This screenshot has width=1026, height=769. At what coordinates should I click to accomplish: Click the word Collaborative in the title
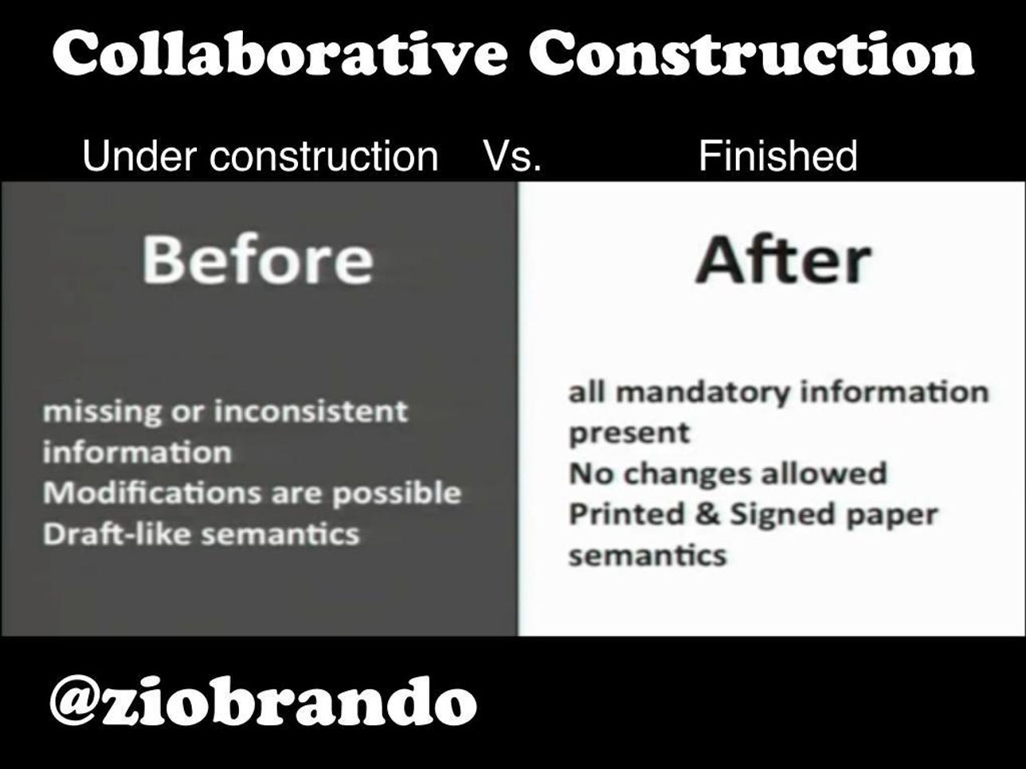279,53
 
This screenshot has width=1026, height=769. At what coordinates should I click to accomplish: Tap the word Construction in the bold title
751,53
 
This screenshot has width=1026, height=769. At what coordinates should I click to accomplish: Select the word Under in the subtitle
139,155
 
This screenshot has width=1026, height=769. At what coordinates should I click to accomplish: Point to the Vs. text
513,156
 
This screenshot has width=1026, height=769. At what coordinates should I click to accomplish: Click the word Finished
777,155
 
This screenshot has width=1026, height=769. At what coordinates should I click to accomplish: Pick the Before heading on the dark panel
257,260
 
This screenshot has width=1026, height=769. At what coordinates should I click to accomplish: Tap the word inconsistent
311,412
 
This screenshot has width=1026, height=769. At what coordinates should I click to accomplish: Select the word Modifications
152,493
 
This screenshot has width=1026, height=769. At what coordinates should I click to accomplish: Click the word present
629,434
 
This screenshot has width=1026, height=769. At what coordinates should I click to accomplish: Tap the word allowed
824,473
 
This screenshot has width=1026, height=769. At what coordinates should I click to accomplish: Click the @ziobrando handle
263,702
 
